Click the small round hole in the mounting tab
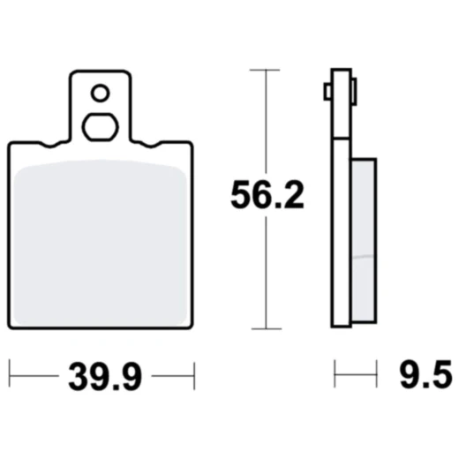coord(101,92)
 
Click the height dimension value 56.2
coord(267,194)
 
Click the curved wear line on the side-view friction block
coord(363,256)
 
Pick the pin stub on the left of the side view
coord(327,91)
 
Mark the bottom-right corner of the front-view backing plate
coord(191,324)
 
